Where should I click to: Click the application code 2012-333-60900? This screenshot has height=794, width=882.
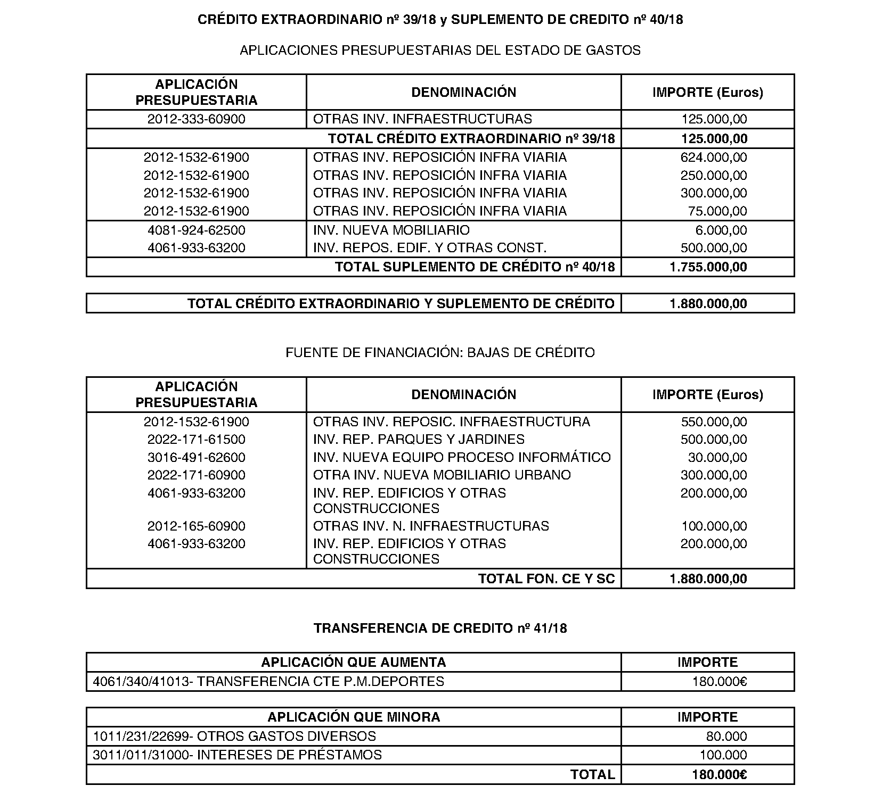click(196, 119)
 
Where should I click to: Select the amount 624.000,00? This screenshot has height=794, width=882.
click(713, 158)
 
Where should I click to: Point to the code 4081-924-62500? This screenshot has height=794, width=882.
click(196, 230)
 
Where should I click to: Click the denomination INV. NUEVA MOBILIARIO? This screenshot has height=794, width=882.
click(391, 230)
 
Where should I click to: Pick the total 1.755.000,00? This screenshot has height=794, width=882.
click(708, 267)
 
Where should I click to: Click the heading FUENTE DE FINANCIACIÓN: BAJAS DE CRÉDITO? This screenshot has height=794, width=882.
click(440, 353)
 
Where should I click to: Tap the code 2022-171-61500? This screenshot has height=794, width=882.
click(196, 440)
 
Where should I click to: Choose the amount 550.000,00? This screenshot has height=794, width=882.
click(713, 422)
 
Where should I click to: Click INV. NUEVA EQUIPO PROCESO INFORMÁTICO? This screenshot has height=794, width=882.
click(461, 458)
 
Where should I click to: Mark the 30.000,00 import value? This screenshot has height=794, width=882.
click(717, 458)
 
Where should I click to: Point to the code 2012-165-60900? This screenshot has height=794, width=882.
click(196, 526)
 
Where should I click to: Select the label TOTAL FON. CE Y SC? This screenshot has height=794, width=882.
click(546, 579)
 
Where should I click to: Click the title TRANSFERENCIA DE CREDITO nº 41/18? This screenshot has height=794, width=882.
click(440, 628)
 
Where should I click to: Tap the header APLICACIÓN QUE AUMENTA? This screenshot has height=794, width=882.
click(353, 663)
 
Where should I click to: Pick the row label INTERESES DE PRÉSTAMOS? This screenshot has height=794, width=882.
click(290, 755)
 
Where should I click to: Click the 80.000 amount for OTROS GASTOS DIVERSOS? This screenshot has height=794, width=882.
click(726, 737)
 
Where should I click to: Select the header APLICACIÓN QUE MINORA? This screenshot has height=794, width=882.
click(353, 717)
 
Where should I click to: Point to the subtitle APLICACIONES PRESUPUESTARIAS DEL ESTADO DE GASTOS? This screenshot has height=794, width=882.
click(440, 51)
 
